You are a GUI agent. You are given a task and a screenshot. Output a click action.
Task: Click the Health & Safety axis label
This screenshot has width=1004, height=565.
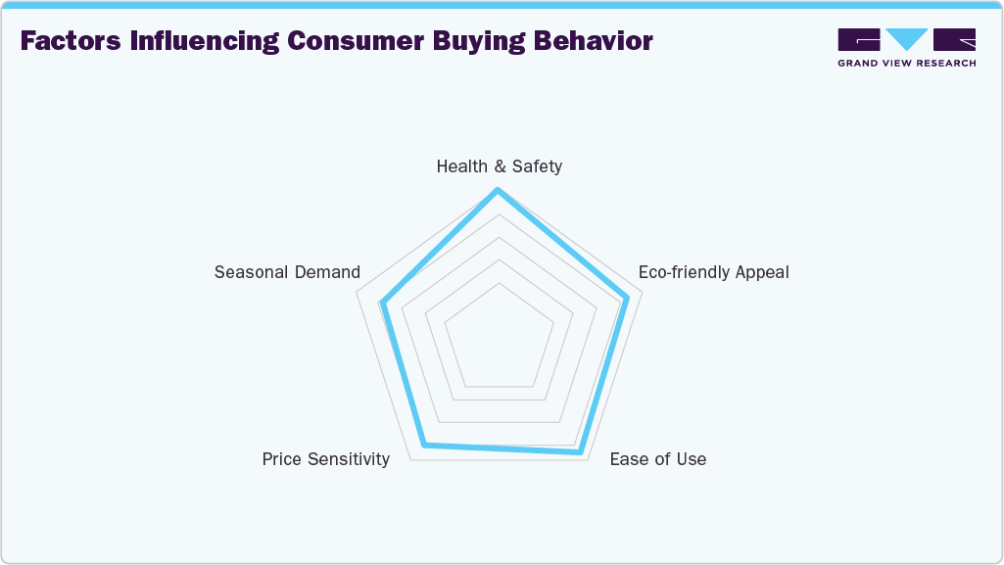click(x=499, y=166)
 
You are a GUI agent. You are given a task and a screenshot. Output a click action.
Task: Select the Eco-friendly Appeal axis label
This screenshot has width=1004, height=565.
click(x=713, y=272)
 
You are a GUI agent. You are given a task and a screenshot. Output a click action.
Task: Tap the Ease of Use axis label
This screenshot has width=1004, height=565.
click(x=657, y=459)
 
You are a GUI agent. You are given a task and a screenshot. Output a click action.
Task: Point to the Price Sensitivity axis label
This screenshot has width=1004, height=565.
click(x=325, y=459)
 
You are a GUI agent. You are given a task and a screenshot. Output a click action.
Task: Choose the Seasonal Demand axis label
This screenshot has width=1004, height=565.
click(x=287, y=272)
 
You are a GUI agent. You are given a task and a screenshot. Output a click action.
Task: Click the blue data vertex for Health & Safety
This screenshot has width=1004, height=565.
click(x=499, y=190)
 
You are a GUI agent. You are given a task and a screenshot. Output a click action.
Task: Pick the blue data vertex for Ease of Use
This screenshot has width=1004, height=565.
click(x=581, y=452)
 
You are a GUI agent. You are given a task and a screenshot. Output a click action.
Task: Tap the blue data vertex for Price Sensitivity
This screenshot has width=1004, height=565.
click(x=423, y=446)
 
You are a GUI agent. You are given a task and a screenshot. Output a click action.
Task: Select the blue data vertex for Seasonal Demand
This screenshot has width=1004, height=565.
click(x=382, y=304)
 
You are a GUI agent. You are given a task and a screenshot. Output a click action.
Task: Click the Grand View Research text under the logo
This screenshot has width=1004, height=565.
click(x=906, y=64)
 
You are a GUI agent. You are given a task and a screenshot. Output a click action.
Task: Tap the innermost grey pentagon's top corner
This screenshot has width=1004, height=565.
click(x=499, y=283)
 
